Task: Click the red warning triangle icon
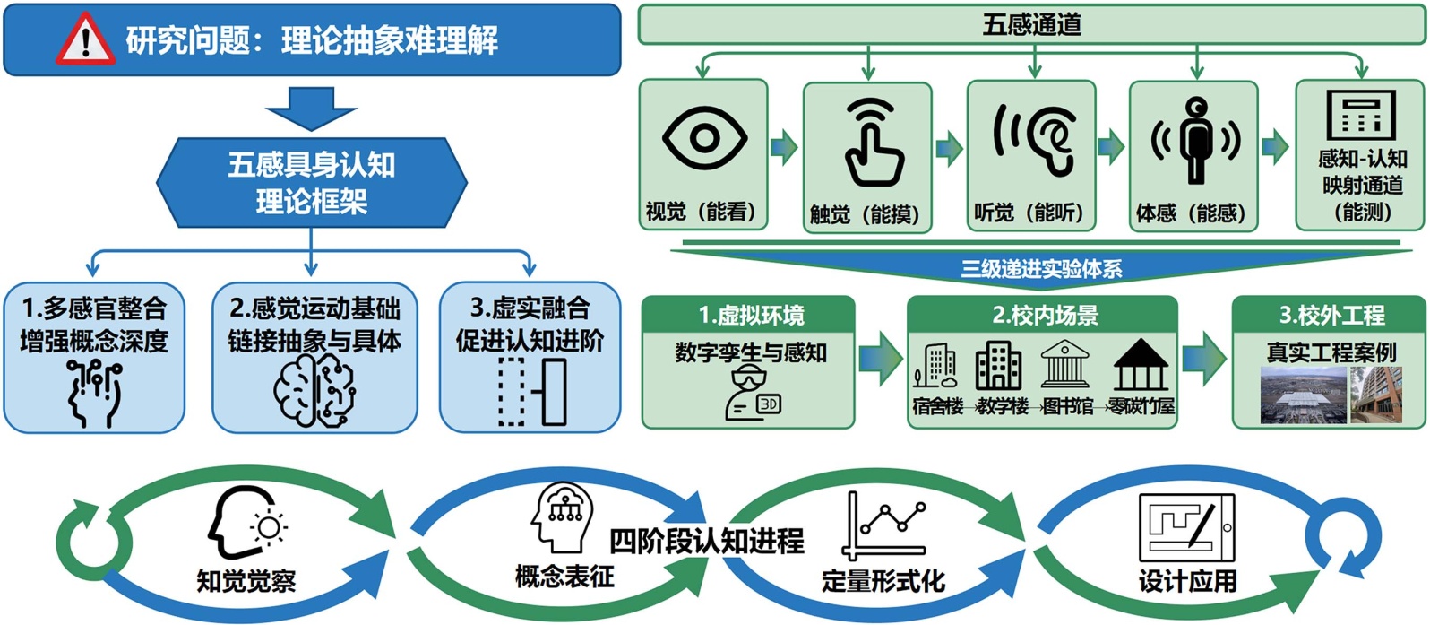(86, 40)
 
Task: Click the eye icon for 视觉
(703, 139)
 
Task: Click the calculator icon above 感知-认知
(1360, 115)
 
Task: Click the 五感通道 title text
(1031, 24)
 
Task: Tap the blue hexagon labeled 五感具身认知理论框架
(311, 183)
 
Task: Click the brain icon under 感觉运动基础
(314, 392)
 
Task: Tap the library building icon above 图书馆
(1065, 366)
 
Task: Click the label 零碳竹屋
(1141, 407)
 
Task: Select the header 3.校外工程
(1331, 316)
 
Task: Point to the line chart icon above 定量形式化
(883, 525)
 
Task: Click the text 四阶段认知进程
(706, 541)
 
